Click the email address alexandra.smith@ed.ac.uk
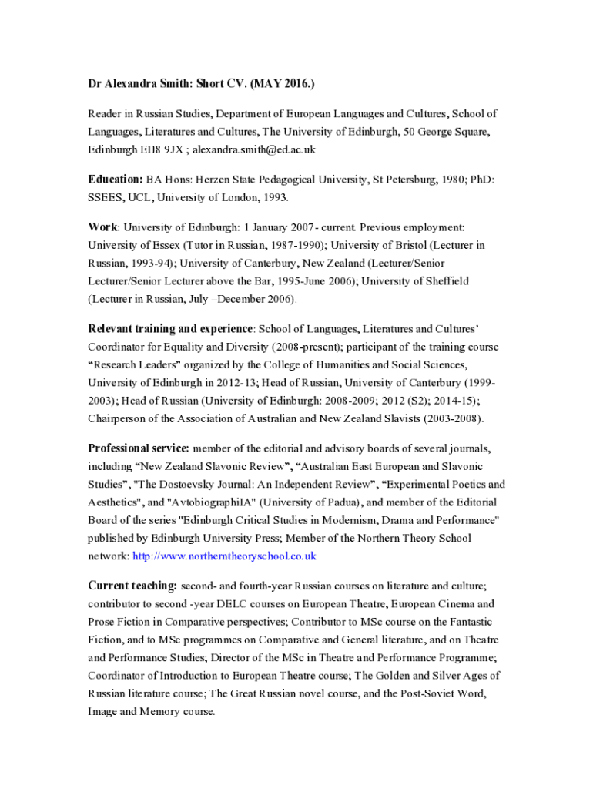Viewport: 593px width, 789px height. pos(254,149)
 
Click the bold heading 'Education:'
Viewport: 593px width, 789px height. pos(116,180)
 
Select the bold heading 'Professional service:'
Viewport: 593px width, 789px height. pos(139,448)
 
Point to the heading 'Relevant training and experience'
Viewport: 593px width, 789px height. pos(170,329)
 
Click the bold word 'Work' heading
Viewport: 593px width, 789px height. pos(103,227)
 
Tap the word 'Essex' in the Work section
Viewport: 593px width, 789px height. pos(161,245)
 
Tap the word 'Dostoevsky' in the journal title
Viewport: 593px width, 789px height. pos(197,485)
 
